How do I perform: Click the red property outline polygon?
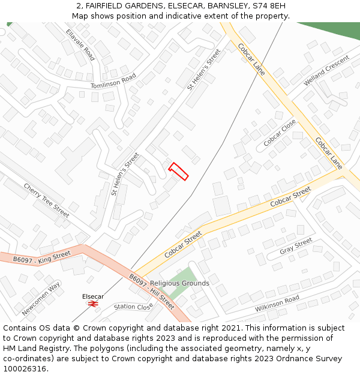pyautogui.click(x=178, y=171)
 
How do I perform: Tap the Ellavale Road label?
pyautogui.click(x=80, y=45)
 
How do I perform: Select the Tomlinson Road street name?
pyautogui.click(x=113, y=82)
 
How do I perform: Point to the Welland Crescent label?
pyautogui.click(x=326, y=70)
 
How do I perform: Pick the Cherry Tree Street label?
pyautogui.click(x=46, y=200)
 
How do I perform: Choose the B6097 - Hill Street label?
pyautogui.click(x=152, y=292)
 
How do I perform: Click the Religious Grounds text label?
pyautogui.click(x=179, y=283)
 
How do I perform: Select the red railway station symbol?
pyautogui.click(x=93, y=304)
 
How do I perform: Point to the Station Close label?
pyautogui.click(x=133, y=307)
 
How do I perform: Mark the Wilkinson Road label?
pyautogui.click(x=277, y=304)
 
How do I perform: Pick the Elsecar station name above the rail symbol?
pyautogui.click(x=93, y=296)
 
